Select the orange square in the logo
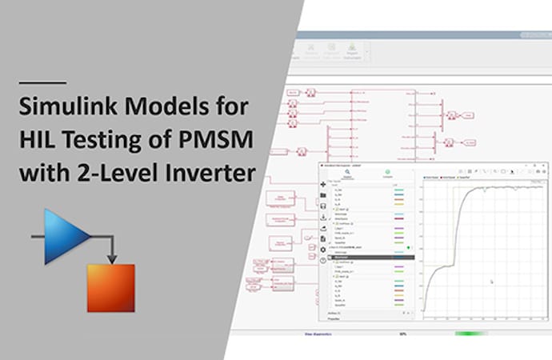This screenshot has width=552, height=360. point(111,287)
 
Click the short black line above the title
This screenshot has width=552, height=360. point(42,82)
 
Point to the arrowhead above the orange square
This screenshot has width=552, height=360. point(113,258)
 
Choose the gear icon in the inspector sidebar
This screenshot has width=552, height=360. point(322,249)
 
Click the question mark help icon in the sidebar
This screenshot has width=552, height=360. point(322,260)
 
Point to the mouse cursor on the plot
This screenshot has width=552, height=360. point(491,281)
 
